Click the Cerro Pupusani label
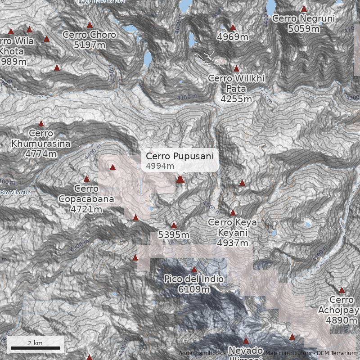(180, 156)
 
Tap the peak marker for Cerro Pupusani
(180, 180)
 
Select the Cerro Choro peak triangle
(90, 25)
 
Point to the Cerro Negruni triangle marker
(304, 9)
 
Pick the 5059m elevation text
(304, 29)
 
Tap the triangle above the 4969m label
(233, 27)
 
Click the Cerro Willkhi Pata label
(236, 83)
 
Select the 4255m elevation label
(236, 99)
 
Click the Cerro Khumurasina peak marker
(41, 124)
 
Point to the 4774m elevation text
(41, 154)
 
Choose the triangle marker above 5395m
(174, 225)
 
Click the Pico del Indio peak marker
(194, 270)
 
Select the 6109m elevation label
(194, 289)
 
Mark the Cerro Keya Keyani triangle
(233, 213)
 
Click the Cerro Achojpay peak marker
(342, 290)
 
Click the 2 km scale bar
(36, 348)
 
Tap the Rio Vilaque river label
(15, 192)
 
